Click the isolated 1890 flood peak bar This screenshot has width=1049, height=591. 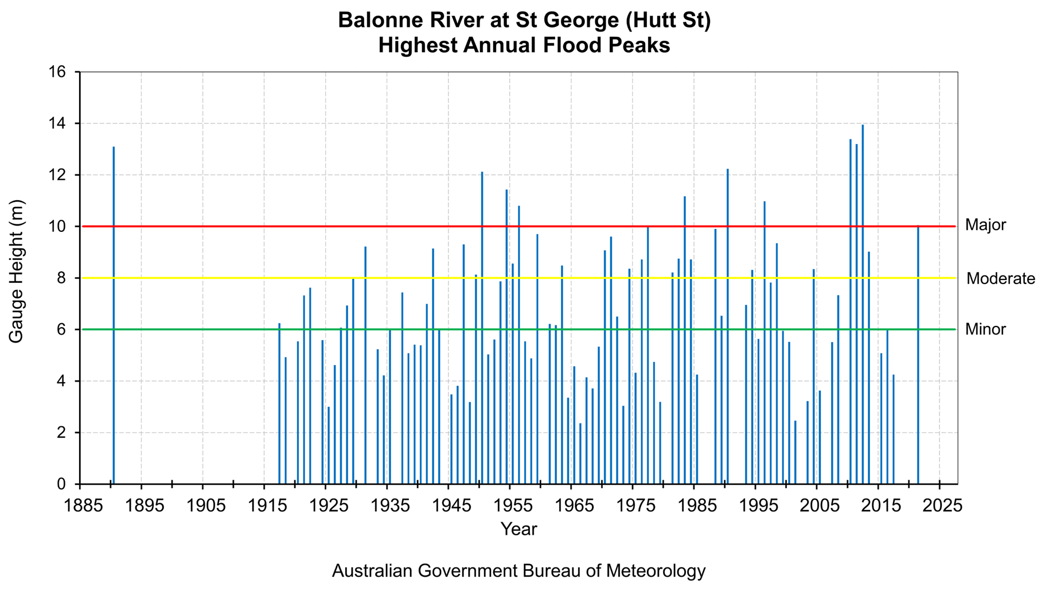pos(114,316)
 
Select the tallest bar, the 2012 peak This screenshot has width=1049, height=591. pos(863,304)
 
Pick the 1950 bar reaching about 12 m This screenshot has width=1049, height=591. pos(482,327)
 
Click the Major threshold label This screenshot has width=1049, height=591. pos(985,225)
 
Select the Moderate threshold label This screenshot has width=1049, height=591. pos(1000,279)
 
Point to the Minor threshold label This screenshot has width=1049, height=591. pos(985,329)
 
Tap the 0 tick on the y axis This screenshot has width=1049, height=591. pos(61,484)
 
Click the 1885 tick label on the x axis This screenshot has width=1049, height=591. pos(79,506)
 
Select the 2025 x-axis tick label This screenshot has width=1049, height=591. pos(939,506)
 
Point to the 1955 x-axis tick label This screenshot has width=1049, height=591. pos(509,506)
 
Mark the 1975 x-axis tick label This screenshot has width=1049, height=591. pos(632,506)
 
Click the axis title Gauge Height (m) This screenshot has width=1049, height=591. pos(16,271)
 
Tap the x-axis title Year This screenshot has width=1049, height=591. pos(518,529)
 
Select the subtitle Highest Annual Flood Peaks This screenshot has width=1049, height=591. pos(524,45)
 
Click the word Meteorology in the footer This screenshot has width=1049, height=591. pos(656,571)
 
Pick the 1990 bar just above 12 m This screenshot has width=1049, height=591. pos(728,327)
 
